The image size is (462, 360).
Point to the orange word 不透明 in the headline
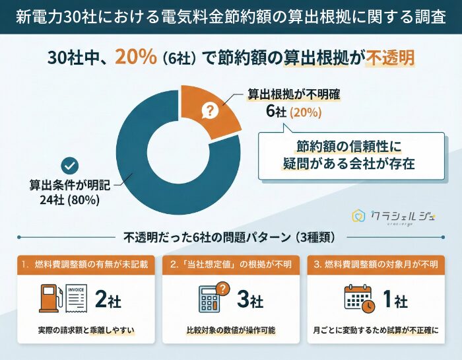pyautogui.click(x=391, y=57)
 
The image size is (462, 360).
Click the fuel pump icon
pyautogui.click(x=50, y=300)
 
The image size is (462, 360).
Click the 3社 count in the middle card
pyautogui.click(x=249, y=301)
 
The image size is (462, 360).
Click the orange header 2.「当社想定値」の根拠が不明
pyautogui.click(x=230, y=265)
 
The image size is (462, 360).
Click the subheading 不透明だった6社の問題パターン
pyautogui.click(x=230, y=236)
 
